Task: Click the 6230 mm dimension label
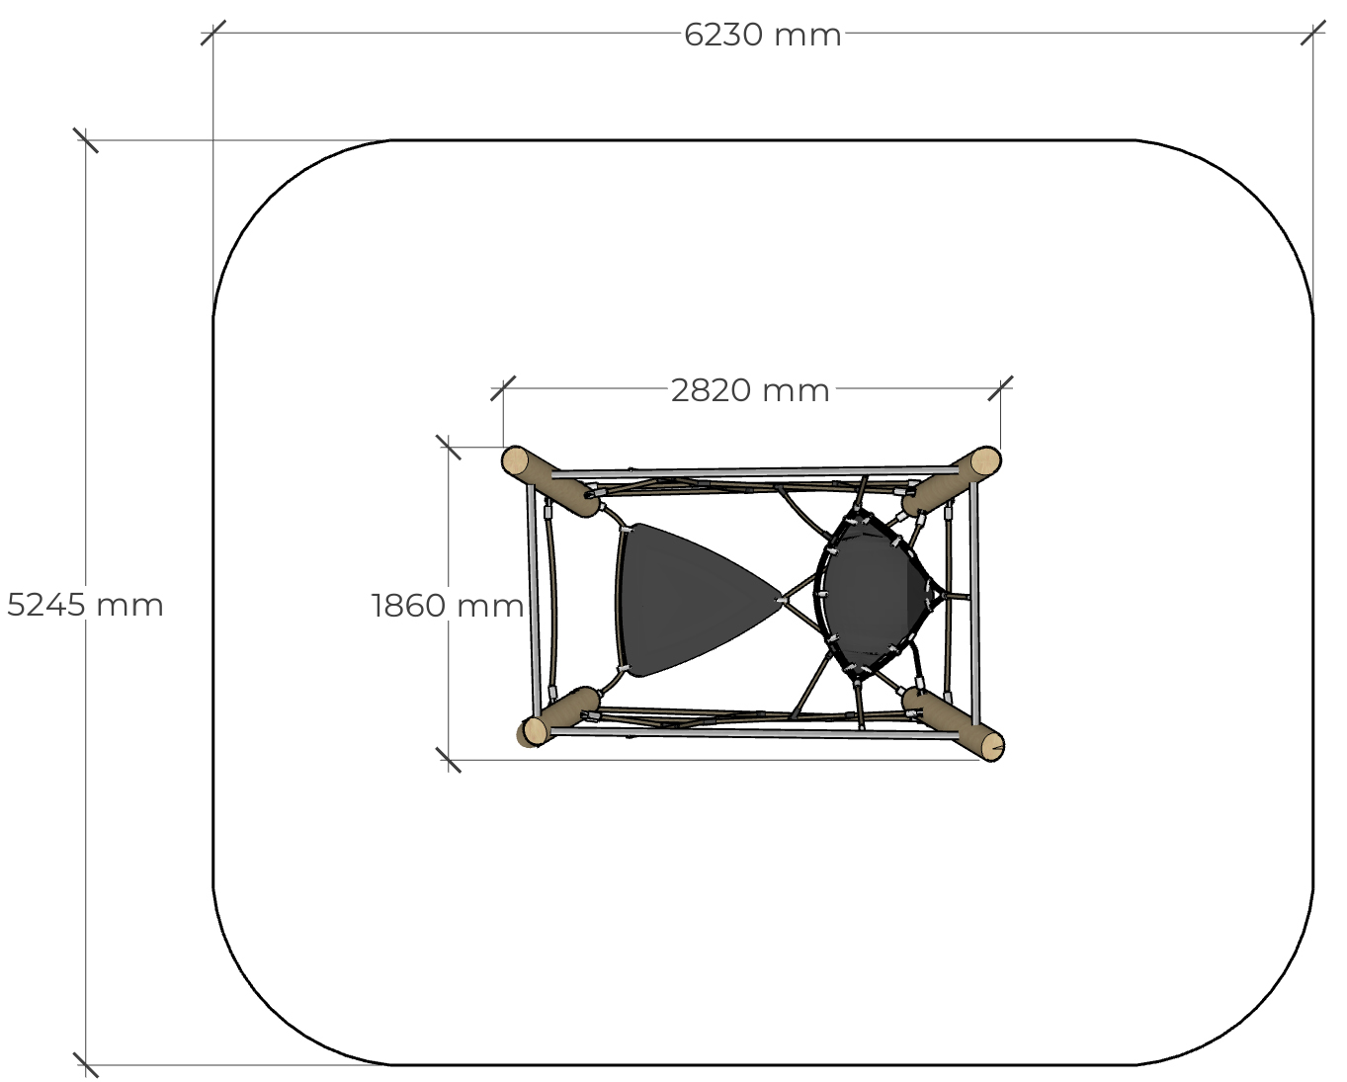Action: [762, 35]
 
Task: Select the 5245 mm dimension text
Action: [85, 605]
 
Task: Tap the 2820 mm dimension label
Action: [750, 390]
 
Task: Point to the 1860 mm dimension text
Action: [448, 606]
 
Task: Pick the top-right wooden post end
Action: [985, 461]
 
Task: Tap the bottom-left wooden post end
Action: [536, 730]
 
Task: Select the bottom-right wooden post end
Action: [992, 746]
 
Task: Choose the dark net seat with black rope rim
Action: [874, 595]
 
